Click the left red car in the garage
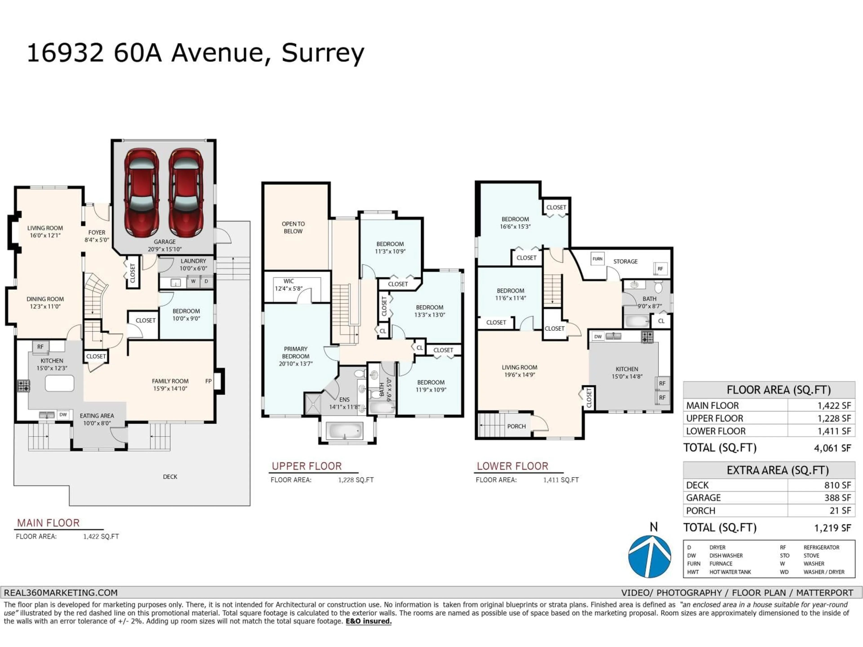coord(141,193)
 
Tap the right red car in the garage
coord(186,193)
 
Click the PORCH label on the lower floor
coord(516,426)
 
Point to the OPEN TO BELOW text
coord(293,227)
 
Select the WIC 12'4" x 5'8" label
coord(289,285)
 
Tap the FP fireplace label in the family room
coord(208,381)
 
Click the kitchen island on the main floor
coord(59,383)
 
